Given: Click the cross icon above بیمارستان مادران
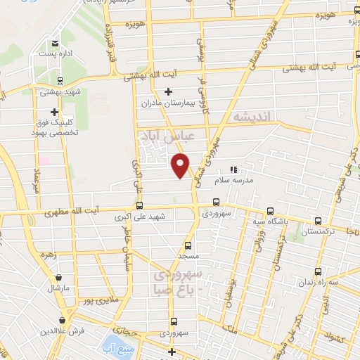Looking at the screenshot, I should click(168, 91).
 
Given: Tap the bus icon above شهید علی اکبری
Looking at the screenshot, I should click(139, 207).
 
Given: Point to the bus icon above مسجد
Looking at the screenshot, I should click(187, 245).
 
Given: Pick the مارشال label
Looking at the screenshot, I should click(56, 288).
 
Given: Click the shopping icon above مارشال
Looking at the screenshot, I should click(56, 277).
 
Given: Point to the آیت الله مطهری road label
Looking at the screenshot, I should click(89, 210).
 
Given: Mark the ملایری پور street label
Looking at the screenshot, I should click(96, 301).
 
